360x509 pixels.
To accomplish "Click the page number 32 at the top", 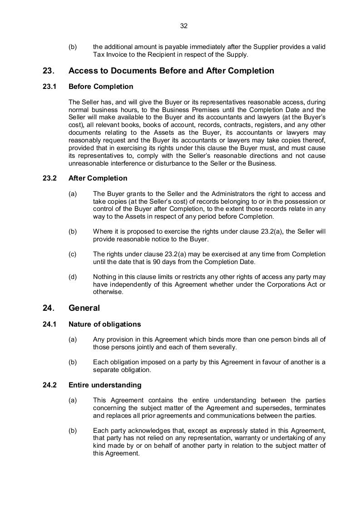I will point(184,26).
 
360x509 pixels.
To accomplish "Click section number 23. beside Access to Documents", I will point(48,71).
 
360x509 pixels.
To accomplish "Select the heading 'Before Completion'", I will point(101,87).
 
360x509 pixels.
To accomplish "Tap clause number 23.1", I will point(49,87).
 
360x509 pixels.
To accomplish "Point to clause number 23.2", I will point(49,178).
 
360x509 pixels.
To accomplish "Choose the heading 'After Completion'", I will point(98,178).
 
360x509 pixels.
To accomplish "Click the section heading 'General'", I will point(84,308).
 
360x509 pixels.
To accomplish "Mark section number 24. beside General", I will point(48,308).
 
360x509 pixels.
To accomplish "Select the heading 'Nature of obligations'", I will point(104,324).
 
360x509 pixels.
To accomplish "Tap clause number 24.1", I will point(49,324).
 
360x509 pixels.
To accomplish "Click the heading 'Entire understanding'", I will point(105,385).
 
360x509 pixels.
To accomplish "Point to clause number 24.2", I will point(49,385).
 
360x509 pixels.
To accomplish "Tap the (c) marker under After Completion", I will point(73,254).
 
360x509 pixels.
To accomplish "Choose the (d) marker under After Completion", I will point(73,277).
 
